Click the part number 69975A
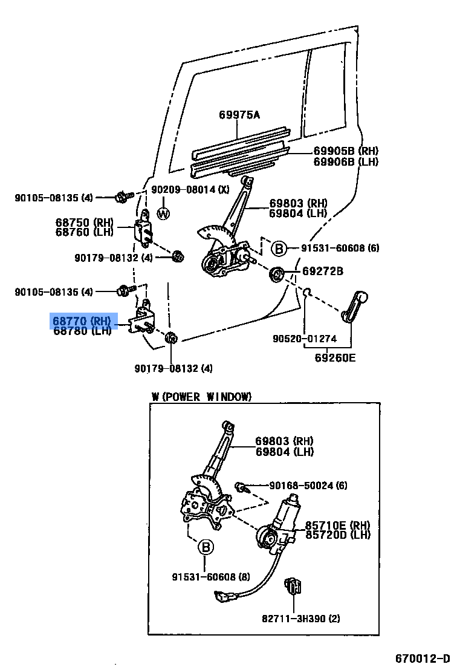[239, 114]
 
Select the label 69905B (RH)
[345, 151]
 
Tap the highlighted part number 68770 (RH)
[82, 321]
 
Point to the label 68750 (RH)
[82, 223]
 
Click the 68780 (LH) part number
[82, 331]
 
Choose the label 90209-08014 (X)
[190, 189]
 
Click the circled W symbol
[163, 213]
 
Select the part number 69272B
[323, 272]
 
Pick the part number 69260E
[335, 357]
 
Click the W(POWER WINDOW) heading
[201, 397]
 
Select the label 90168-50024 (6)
[308, 486]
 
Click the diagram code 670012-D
[423, 658]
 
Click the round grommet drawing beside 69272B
[276, 274]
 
